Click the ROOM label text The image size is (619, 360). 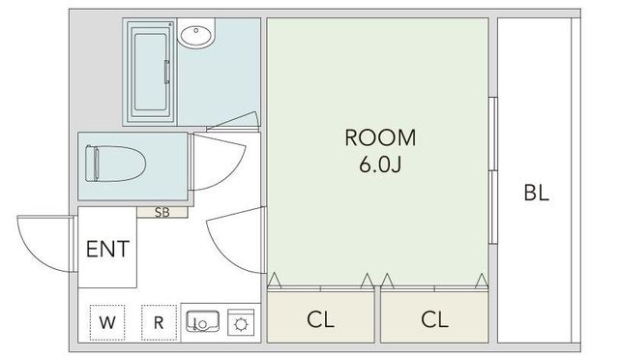pyautogui.click(x=380, y=137)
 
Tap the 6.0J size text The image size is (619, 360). pyautogui.click(x=380, y=164)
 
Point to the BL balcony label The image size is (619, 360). pyautogui.click(x=537, y=193)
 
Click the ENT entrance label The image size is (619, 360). pyautogui.click(x=107, y=249)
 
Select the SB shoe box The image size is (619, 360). pyautogui.click(x=162, y=212)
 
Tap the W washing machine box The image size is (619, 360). pyautogui.click(x=107, y=322)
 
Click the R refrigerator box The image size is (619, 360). pyautogui.click(x=159, y=322)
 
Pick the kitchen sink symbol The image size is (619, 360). pyautogui.click(x=202, y=321)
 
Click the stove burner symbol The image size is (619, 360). pyautogui.click(x=241, y=324)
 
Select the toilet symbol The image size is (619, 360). pyautogui.click(x=115, y=164)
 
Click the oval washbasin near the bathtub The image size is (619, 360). pyautogui.click(x=196, y=34)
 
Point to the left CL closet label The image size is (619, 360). pyautogui.click(x=320, y=319)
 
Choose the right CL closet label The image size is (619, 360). pyautogui.click(x=434, y=319)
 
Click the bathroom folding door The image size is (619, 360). pyautogui.click(x=233, y=121)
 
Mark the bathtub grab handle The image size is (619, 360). pyautogui.click(x=167, y=72)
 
